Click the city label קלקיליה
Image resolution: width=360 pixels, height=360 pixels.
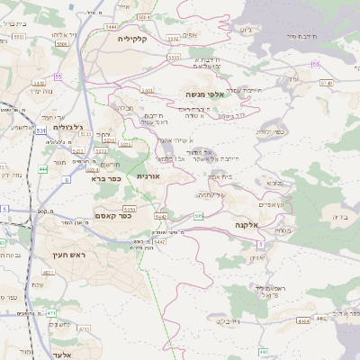(144, 39)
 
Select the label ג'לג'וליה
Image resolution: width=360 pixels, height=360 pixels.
(68, 127)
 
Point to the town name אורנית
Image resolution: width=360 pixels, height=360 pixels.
(148, 177)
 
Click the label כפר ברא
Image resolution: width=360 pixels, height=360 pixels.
(106, 179)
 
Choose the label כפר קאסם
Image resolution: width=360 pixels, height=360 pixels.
(114, 216)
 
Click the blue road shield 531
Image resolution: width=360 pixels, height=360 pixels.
(42, 130)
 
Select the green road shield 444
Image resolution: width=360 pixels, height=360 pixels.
(43, 168)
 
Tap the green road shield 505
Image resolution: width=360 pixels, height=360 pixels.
(198, 216)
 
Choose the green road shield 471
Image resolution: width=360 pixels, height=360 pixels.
(52, 312)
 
